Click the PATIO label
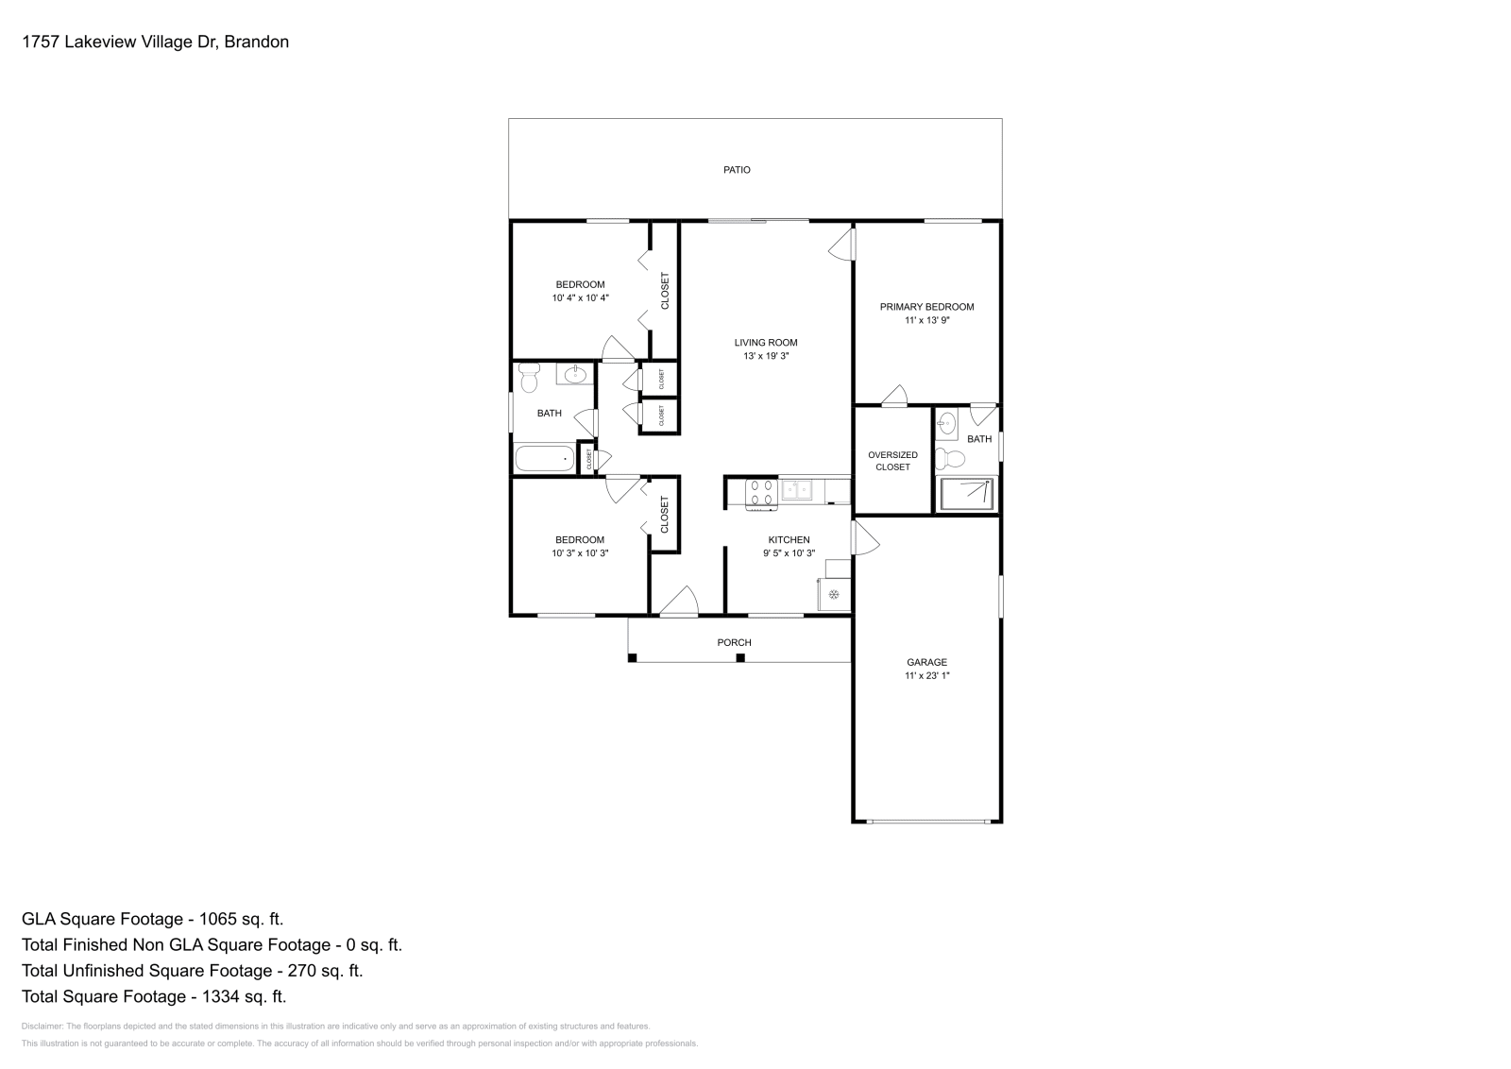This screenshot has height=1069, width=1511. [x=737, y=170]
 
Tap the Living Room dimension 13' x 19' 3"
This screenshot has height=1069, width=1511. [x=766, y=357]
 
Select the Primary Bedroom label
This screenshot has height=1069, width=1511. [x=926, y=307]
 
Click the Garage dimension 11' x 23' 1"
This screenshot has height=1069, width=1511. [x=926, y=676]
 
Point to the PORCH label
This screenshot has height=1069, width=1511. [x=734, y=643]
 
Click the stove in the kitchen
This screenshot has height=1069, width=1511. [x=762, y=494]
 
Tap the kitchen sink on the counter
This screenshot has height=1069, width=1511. [x=798, y=489]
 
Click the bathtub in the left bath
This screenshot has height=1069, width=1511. [x=545, y=459]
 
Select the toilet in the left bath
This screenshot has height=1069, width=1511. [x=529, y=378]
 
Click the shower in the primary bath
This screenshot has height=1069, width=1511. [x=966, y=494]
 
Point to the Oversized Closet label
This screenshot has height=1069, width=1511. [x=892, y=461]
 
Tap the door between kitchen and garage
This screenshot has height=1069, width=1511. [x=864, y=540]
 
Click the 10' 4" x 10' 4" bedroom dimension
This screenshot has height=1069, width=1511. [x=580, y=298]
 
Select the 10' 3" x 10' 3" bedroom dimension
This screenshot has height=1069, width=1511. [x=580, y=553]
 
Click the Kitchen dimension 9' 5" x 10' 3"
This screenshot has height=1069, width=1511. [x=789, y=553]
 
